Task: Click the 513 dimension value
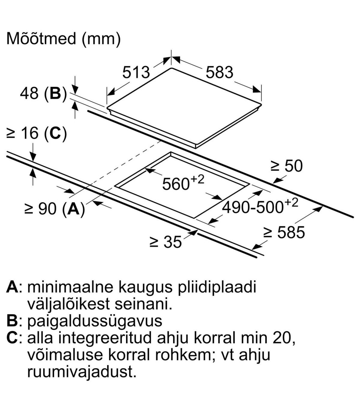point(136,72)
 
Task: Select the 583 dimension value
point(219,72)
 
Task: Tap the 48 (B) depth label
point(43,93)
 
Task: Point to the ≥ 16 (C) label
point(37,133)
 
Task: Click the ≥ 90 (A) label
point(55,209)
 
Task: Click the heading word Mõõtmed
point(41,38)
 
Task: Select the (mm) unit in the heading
point(101,39)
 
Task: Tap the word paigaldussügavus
point(94,322)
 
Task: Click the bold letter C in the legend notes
point(13,339)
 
